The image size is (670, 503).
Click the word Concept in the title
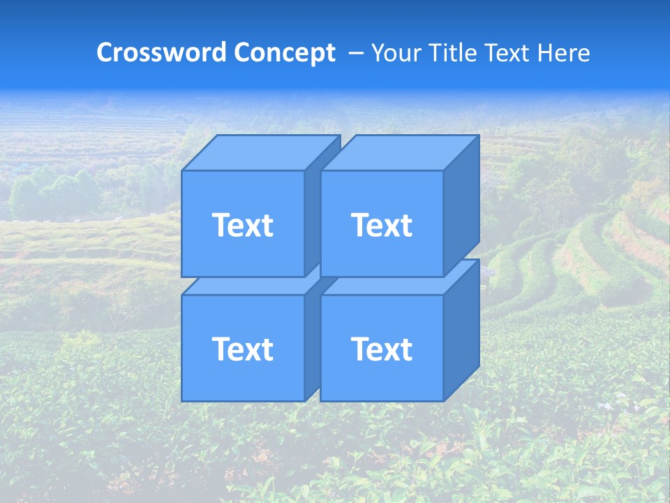285,52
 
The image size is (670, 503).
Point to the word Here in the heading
563,52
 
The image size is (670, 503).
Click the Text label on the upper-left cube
242,225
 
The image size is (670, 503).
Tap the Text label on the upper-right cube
381,225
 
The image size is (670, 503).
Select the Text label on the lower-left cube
242,349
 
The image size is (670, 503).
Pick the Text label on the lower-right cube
381,349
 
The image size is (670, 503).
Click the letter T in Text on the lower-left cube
220,349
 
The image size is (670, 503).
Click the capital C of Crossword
105,52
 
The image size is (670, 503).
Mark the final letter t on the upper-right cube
406,226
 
